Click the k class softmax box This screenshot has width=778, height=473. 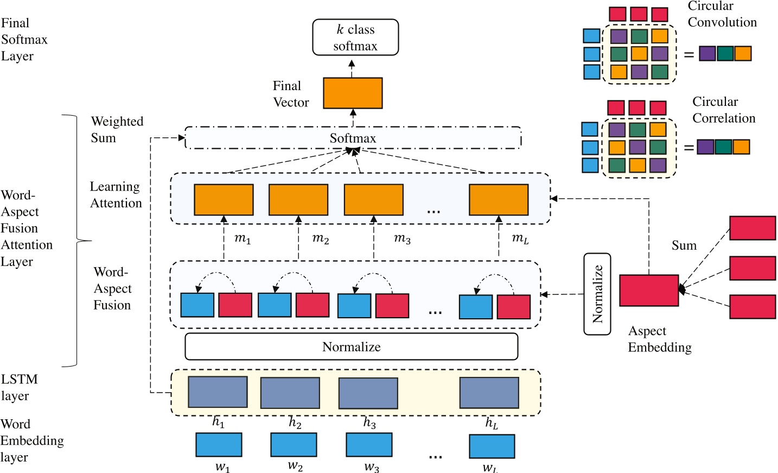coord(355,37)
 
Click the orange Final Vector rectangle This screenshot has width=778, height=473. coord(353,93)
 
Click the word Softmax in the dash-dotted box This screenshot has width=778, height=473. coord(353,138)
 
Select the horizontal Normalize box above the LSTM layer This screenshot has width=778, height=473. coord(352,346)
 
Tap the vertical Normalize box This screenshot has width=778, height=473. coord(597,294)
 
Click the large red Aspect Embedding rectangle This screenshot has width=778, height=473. coord(649,290)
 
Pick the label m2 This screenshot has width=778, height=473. coord(321,238)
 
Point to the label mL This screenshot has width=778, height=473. coord(520,238)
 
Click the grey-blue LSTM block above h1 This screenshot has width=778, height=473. coord(218,392)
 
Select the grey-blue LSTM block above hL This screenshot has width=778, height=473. coord(489,392)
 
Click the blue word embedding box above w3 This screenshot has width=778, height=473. coord(369,445)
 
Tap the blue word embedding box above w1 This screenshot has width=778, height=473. coord(219,444)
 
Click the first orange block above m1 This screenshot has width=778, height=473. coord(224,200)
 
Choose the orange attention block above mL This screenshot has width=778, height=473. coord(499,200)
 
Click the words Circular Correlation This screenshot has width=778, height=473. coord(723,110)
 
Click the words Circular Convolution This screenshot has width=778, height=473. coord(722,14)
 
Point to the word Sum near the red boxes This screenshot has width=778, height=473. coord(684,245)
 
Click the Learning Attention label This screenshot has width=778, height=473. coord(116,195)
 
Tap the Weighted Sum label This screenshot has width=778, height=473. coord(117,129)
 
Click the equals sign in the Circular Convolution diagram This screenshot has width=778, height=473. coord(688,54)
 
